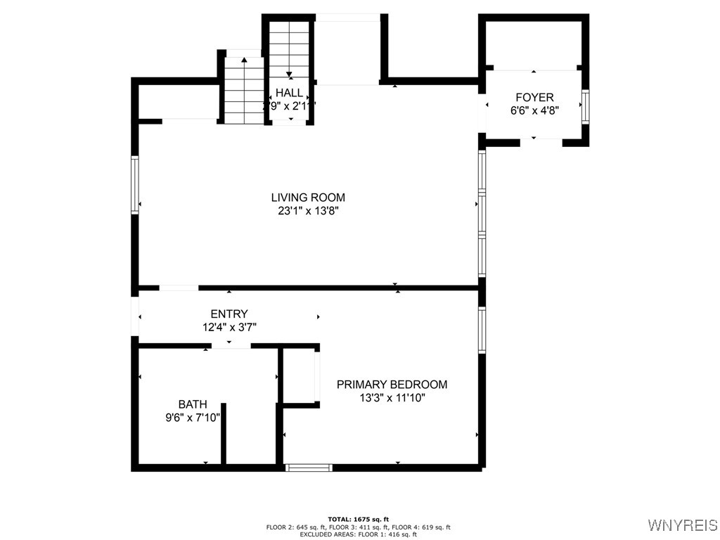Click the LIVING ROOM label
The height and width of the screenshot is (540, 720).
pos(308,198)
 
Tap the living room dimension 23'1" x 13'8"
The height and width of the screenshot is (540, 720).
pos(308,210)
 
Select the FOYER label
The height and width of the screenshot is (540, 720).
pos(534,98)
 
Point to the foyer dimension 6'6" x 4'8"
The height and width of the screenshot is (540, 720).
pos(534,110)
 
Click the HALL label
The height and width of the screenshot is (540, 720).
pos(289,93)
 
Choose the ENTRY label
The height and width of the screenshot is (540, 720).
pos(229,314)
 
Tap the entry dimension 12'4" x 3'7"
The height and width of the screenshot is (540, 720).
pos(229,327)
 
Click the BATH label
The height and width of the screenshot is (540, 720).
pos(192,404)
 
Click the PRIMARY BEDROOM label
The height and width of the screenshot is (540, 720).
pos(392,385)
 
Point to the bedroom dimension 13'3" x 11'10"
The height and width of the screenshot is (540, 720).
pos(392,397)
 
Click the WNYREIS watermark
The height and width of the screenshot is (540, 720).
pos(682,525)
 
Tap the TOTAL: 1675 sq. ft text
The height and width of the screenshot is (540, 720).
pos(359,519)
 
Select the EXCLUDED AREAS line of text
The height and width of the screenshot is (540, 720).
pos(359,534)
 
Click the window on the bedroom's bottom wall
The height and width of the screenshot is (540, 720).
pos(309,467)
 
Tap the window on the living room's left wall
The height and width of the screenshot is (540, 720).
pos(134,184)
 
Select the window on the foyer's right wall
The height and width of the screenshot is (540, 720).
pos(585,107)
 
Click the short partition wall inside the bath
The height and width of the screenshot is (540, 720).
pos(224,433)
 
